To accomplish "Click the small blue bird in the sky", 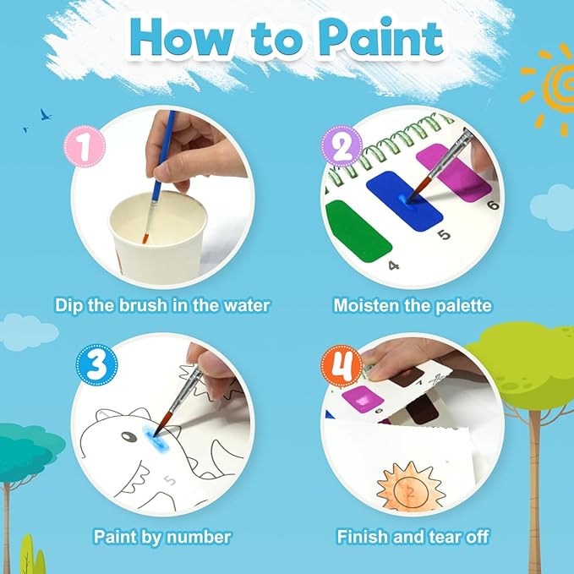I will [44, 113].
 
